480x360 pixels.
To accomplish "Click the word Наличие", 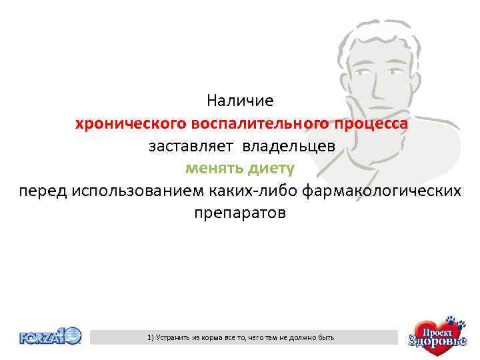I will pyautogui.click(x=240, y=101).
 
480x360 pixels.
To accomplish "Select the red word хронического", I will pyautogui.click(x=131, y=124).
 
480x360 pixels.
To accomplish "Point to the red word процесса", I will pyautogui.click(x=371, y=124).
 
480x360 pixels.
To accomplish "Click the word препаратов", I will pyautogui.click(x=240, y=213).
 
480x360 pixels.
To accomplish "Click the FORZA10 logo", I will pyautogui.click(x=50, y=336).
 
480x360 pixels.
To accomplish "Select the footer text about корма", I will pyautogui.click(x=241, y=338).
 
